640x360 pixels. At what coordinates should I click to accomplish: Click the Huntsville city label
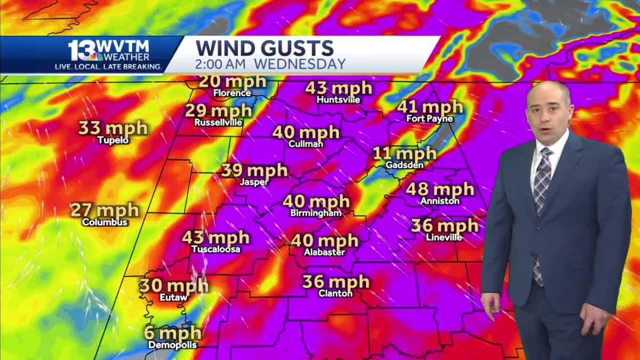[338, 100]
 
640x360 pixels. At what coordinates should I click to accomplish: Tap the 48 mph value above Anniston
[439, 189]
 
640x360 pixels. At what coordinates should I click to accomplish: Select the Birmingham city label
[316, 213]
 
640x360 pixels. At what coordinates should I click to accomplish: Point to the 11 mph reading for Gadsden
[404, 154]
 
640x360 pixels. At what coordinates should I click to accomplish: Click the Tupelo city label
[113, 140]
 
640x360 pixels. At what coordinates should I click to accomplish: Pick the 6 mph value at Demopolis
[172, 333]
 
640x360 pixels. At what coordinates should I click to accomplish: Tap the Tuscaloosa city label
[215, 249]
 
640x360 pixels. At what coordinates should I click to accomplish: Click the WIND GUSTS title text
[265, 48]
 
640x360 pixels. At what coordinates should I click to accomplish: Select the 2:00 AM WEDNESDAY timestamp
[270, 64]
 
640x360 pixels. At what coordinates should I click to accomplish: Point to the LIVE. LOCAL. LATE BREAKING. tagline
[109, 67]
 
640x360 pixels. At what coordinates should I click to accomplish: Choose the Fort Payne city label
[429, 119]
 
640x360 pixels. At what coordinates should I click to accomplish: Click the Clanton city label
[335, 293]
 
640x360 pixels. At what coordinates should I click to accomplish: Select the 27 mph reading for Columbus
[105, 210]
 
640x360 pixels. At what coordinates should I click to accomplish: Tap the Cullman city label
[306, 144]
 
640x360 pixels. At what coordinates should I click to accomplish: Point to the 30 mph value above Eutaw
[174, 286]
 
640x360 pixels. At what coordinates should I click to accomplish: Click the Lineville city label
[444, 237]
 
